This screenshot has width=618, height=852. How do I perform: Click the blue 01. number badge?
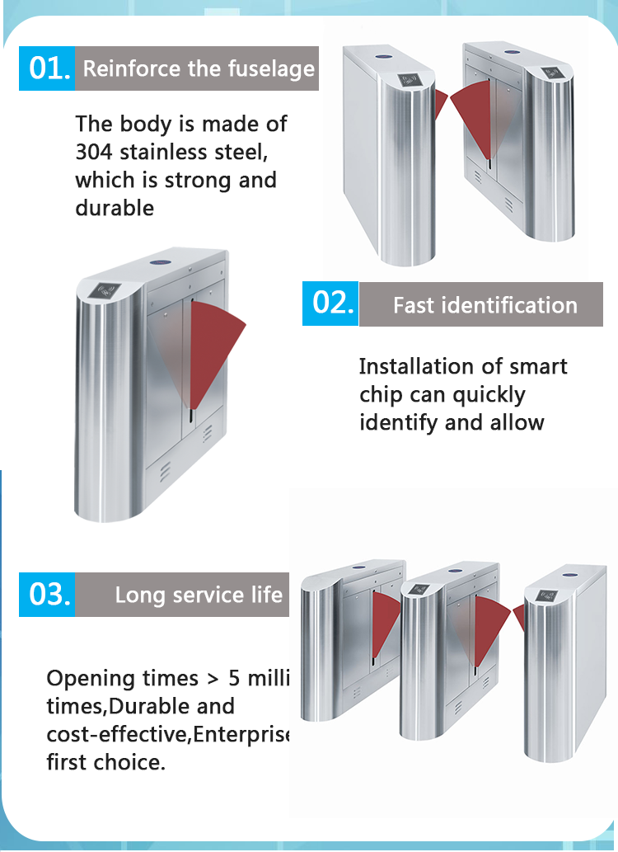pos(47,68)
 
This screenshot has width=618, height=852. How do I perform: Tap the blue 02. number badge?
pos(330,304)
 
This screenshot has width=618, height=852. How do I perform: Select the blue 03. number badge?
pos(47,595)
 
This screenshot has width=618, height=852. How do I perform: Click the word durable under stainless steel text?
pos(115,208)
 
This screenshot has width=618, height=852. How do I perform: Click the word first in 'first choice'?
pos(68,762)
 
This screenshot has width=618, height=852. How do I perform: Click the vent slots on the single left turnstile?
pos(165,471)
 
